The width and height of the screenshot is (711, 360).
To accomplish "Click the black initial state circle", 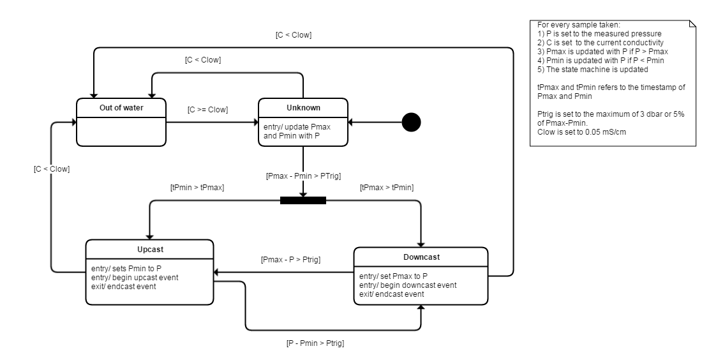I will [411, 122].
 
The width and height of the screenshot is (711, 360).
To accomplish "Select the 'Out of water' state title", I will [121, 107].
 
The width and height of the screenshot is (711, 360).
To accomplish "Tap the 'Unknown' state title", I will [303, 107].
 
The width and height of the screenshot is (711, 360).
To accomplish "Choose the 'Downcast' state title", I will [421, 257].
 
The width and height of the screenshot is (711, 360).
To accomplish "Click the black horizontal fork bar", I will [303, 200].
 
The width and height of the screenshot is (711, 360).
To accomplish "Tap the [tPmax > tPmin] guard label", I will [387, 188].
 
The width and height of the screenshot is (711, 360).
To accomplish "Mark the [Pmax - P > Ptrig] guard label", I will [290, 260].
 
